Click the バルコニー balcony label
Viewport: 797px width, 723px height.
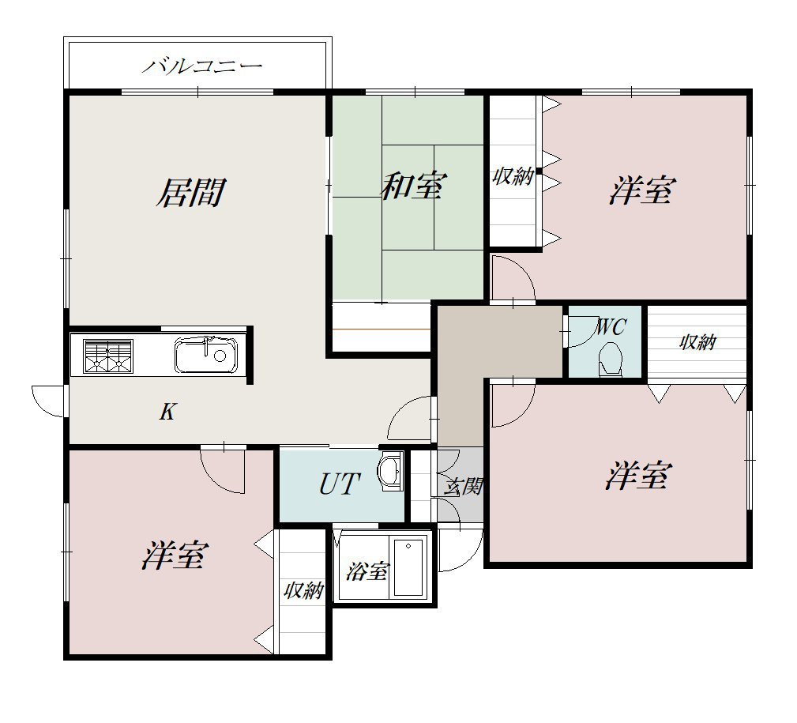click(x=201, y=66)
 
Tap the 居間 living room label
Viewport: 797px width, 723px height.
click(x=190, y=193)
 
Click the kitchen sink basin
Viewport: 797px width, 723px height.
click(x=206, y=355)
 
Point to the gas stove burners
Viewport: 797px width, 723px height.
click(x=108, y=356)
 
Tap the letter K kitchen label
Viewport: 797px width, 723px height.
click(x=167, y=412)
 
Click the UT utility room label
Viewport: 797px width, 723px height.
click(x=340, y=484)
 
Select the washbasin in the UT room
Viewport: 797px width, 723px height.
click(x=390, y=471)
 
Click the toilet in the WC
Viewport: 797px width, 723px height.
click(x=610, y=359)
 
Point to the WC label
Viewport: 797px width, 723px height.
click(x=610, y=327)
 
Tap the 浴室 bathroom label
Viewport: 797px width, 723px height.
click(x=367, y=571)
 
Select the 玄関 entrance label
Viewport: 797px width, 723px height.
click(x=463, y=487)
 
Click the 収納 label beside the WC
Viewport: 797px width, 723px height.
click(x=697, y=342)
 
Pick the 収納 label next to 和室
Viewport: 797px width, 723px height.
click(x=513, y=176)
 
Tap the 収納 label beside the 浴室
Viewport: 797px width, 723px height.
click(x=303, y=591)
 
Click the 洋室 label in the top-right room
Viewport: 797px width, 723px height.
click(x=642, y=190)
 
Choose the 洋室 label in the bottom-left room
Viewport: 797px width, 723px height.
click(x=175, y=555)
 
